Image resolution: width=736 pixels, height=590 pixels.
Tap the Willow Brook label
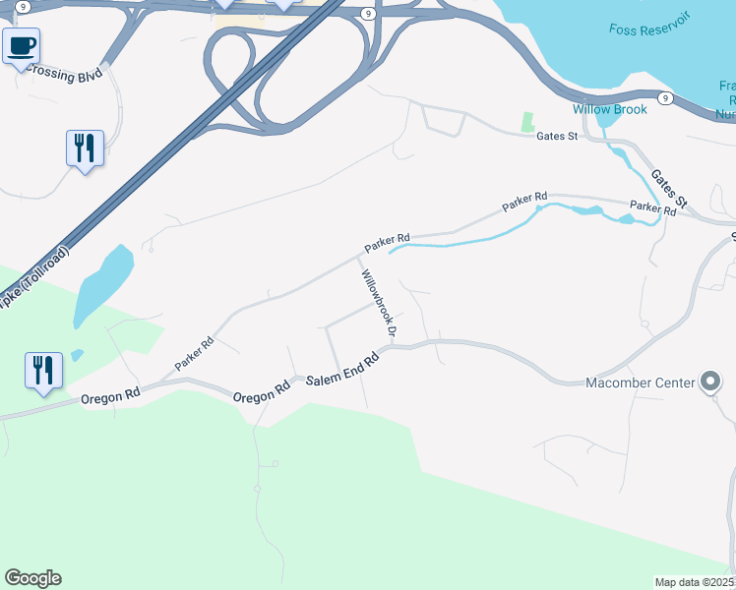coord(610,109)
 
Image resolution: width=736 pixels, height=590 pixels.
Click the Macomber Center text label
coord(641,383)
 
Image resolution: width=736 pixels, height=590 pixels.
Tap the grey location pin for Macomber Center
coord(711,383)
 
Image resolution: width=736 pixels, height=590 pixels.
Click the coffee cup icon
coord(21,45)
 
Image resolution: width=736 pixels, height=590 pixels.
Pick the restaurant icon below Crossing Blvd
coord(85,147)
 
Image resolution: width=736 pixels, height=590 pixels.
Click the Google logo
coord(32,578)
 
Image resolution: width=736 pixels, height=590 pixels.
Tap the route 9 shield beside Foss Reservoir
coord(665,98)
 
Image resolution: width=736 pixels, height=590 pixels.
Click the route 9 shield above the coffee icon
coord(21,6)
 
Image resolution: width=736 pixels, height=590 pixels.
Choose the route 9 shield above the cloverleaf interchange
coord(366,14)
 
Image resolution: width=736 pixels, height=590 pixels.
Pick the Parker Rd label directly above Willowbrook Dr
coord(387,241)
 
